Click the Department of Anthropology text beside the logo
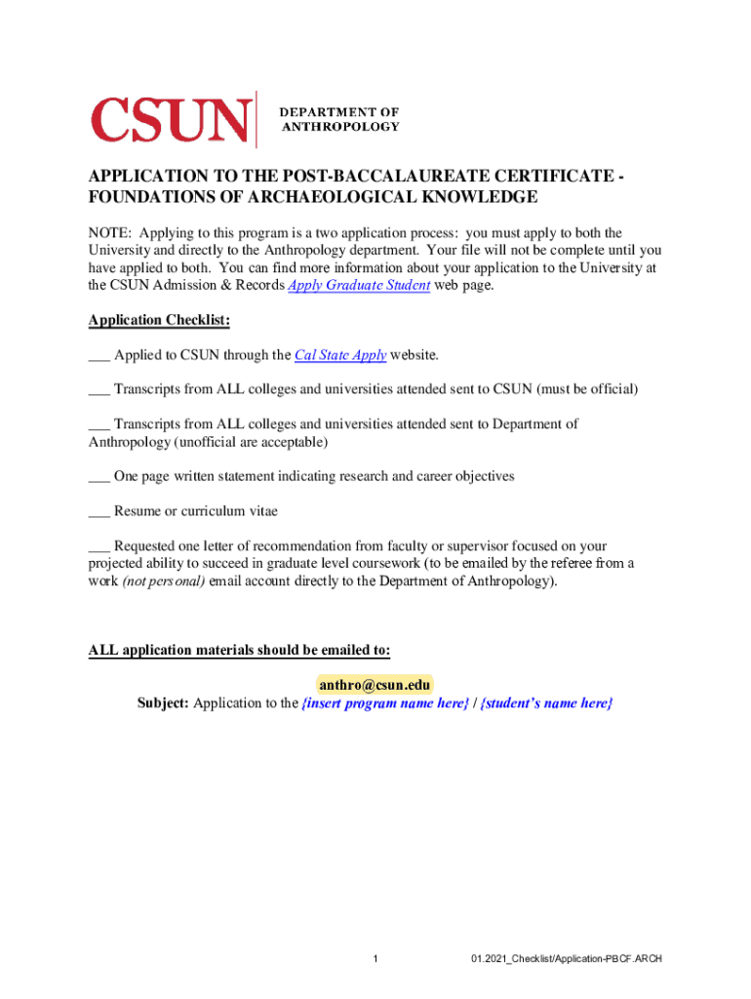(339, 119)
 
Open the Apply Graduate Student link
(360, 286)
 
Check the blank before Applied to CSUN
(99, 357)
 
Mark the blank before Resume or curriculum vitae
(99, 511)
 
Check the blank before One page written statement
(99, 477)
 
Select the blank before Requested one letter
(99, 546)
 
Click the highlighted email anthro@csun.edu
(375, 685)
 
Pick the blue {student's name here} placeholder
(547, 703)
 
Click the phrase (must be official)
(582, 389)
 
